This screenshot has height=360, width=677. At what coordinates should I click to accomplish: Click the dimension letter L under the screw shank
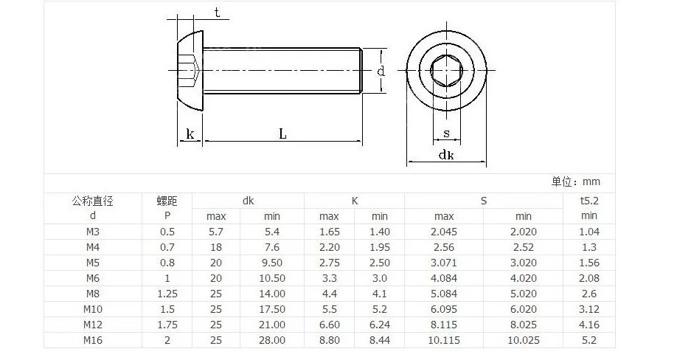tap(282, 134)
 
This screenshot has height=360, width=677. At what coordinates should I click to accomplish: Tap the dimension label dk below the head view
tap(446, 154)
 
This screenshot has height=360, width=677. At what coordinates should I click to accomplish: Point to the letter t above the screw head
tap(217, 13)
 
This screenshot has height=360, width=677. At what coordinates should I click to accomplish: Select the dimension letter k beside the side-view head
tap(190, 134)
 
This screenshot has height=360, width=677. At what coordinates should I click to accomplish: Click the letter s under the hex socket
tap(446, 134)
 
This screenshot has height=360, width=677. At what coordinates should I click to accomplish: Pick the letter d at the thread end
tap(381, 71)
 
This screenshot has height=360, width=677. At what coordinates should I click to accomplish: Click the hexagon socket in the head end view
tap(446, 70)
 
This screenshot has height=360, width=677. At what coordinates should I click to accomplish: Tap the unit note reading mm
tap(591, 181)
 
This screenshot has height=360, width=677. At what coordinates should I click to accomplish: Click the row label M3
tap(93, 232)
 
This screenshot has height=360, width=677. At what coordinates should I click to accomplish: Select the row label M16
tap(93, 340)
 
